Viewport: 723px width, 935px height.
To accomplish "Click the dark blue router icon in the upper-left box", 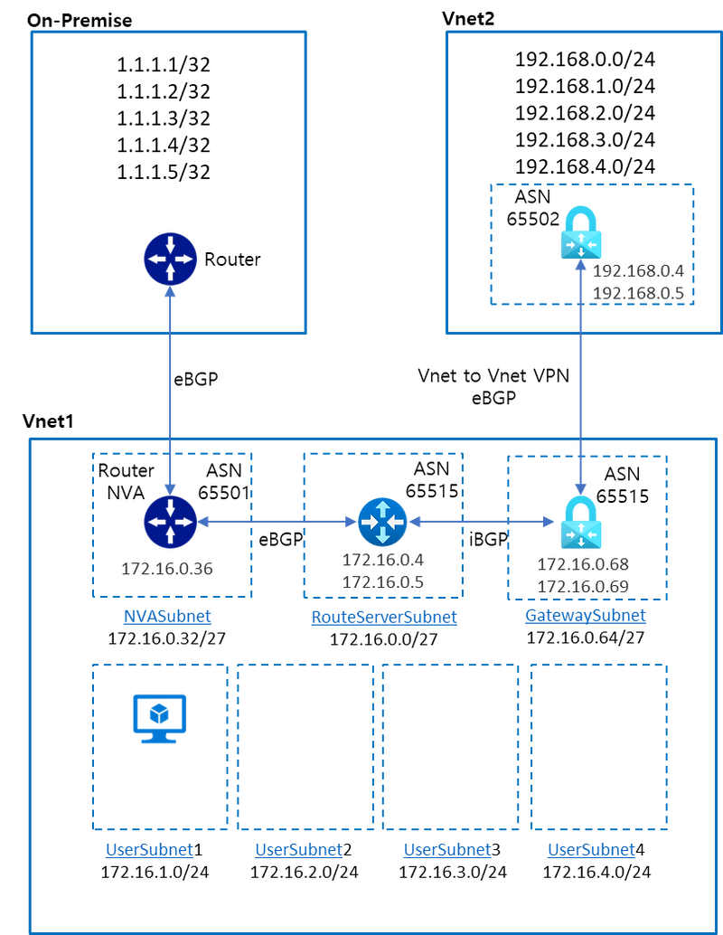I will [x=170, y=259].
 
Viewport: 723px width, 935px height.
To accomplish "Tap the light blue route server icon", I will [x=382, y=522].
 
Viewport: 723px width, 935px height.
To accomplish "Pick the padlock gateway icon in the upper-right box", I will [x=580, y=232].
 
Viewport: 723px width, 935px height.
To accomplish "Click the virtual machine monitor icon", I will [x=159, y=717].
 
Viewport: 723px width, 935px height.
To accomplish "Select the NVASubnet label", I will [x=167, y=617].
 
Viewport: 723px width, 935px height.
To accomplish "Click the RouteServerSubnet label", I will [x=383, y=617].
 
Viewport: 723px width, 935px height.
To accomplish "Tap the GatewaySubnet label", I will [x=586, y=617].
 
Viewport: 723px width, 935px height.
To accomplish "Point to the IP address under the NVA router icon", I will [x=167, y=569].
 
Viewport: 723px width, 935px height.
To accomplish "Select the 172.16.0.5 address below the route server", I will [x=382, y=582].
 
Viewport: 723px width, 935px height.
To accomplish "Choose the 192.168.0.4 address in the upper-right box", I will [x=638, y=270].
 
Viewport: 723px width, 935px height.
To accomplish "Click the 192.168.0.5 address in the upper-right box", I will [x=638, y=292].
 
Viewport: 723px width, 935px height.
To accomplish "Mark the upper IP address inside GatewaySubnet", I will [x=583, y=564].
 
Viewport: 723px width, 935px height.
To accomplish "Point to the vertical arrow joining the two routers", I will [x=170, y=389].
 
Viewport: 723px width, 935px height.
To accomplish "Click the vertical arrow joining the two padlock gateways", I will [x=579, y=389].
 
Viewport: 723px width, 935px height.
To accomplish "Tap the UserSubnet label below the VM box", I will [x=149, y=850].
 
